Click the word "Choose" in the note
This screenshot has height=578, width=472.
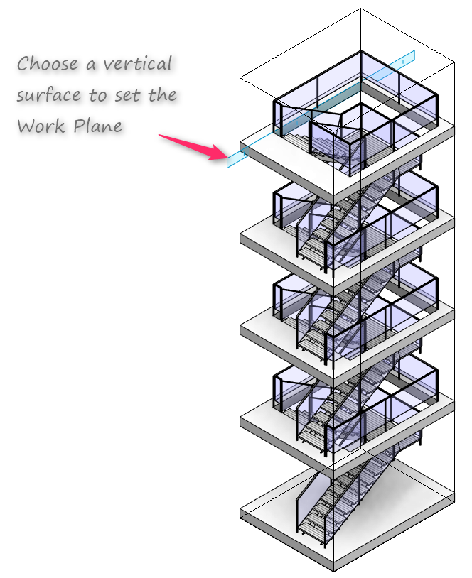48,63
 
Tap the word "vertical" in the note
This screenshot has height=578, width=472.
138,63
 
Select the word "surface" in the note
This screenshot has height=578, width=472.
48,94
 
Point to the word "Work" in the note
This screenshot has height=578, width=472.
41,126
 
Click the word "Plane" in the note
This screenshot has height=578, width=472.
98,126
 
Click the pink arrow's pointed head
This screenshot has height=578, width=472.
226,156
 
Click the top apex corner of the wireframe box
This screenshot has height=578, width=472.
360,8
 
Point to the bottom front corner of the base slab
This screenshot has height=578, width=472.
334,571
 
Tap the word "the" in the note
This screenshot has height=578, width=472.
162,94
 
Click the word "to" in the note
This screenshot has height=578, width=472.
97,95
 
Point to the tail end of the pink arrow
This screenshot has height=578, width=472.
159,136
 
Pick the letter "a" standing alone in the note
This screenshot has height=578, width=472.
91,65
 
